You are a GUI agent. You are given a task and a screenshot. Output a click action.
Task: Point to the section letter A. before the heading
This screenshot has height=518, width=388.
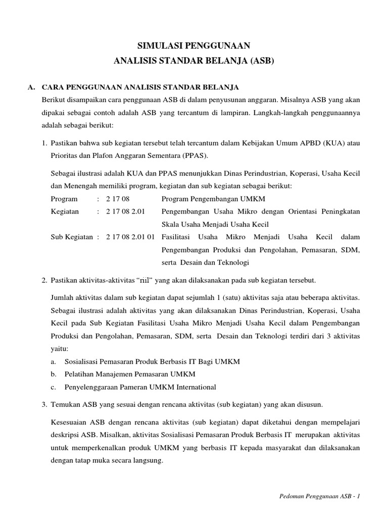(x=31, y=88)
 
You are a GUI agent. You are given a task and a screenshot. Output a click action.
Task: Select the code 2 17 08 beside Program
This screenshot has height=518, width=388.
(x=118, y=199)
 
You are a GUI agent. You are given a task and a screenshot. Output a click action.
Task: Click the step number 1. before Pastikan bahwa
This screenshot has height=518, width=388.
(x=44, y=143)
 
